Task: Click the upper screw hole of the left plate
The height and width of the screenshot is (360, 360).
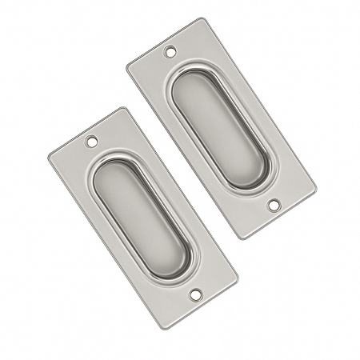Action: pos(91,145)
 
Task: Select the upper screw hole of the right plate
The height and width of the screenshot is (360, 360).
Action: pos(170,54)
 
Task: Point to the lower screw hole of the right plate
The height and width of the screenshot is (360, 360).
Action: pos(274,205)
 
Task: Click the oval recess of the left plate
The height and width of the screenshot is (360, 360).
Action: pos(144,220)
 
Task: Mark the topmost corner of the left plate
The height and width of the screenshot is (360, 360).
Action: pos(122,108)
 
